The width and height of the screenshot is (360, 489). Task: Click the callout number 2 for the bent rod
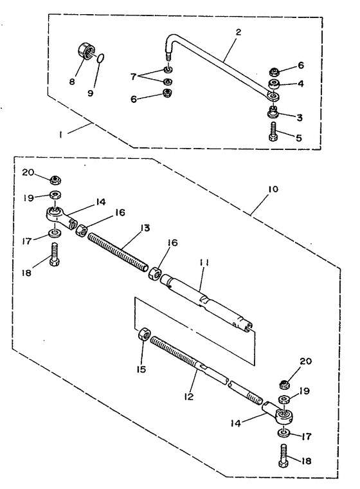[239, 32]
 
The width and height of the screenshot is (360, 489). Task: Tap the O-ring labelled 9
[100, 58]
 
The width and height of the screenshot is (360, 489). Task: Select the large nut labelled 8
[85, 51]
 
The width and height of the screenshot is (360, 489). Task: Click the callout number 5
[299, 138]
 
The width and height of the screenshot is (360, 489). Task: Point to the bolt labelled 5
[273, 133]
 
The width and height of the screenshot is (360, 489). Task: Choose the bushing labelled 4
[274, 84]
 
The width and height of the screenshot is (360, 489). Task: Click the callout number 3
[299, 117]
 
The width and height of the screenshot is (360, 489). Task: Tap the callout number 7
[134, 76]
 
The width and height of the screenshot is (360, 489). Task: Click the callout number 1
[60, 134]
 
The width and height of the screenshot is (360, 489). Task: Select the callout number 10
[273, 189]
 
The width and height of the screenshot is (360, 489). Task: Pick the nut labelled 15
[144, 335]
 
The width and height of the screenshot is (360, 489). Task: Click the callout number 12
[188, 396]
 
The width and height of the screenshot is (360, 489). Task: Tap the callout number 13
[145, 228]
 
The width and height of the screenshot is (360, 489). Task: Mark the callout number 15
[141, 369]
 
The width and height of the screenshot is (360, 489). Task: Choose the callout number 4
[300, 84]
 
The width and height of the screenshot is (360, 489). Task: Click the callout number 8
[72, 82]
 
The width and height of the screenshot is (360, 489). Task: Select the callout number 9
[90, 93]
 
